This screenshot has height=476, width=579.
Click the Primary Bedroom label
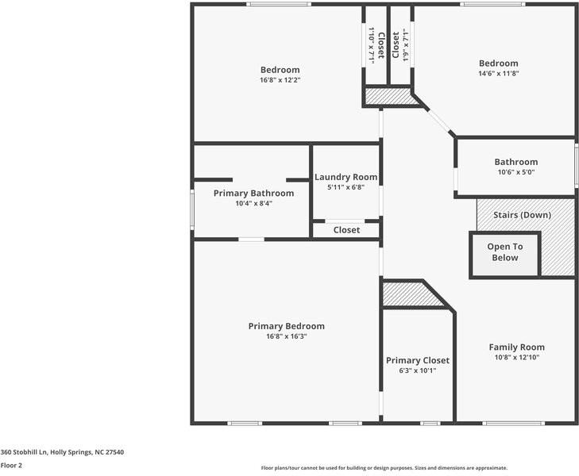tap(286, 326)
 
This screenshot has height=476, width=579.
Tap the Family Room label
tap(516, 347)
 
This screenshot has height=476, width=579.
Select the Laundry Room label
tap(345, 177)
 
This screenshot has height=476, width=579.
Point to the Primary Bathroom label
tap(253, 193)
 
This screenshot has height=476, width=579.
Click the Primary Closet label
tap(418, 360)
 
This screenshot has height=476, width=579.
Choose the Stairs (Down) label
tap(522, 215)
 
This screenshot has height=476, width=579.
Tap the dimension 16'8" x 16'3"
tap(286, 336)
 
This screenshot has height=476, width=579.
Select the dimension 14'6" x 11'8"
tap(498, 74)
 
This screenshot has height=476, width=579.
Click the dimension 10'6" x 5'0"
tap(516, 172)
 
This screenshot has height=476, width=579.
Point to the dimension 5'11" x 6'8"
tap(345, 188)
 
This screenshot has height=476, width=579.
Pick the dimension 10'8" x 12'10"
tap(516, 357)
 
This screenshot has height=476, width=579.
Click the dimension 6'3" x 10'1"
tap(418, 370)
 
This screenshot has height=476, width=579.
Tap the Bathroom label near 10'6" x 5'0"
tap(516, 162)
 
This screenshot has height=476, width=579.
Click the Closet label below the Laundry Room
tap(346, 230)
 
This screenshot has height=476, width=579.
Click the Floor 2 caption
tap(11, 466)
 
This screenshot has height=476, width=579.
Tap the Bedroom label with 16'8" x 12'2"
tap(280, 69)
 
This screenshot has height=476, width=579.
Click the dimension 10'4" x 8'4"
tap(253, 203)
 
